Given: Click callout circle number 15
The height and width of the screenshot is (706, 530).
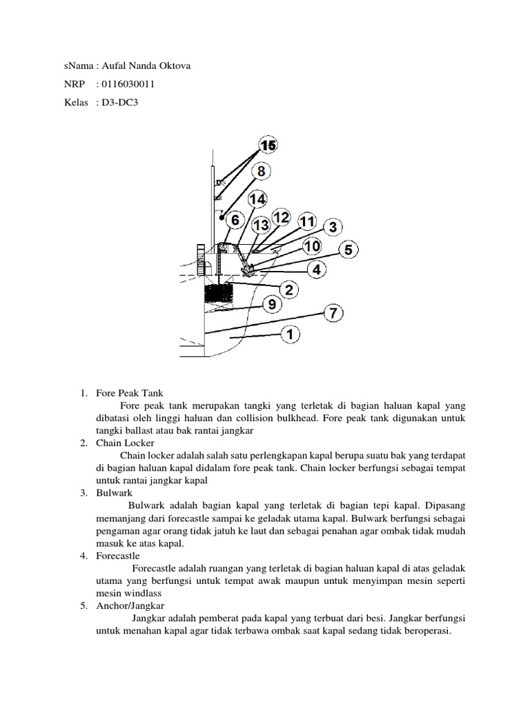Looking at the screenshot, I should (x=268, y=145).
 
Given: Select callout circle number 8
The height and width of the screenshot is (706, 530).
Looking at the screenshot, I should (x=261, y=171).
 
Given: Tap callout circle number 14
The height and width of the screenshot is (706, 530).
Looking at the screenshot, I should (x=257, y=199).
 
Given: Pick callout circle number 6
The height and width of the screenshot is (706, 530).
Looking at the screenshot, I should (x=235, y=220).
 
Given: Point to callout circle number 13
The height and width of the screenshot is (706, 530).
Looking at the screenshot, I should (x=260, y=225).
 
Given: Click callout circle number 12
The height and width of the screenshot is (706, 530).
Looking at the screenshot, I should (x=281, y=217).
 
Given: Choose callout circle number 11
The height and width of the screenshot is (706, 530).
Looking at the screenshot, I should (x=306, y=222).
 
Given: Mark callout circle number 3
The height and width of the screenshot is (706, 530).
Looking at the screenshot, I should (x=333, y=226).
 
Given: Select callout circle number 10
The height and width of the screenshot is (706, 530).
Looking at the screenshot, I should (x=312, y=246).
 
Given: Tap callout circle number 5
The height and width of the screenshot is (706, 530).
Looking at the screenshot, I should (x=349, y=250).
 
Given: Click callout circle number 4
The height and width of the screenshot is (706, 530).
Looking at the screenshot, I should (x=317, y=270).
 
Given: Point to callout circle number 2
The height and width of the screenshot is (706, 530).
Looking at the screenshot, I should (x=288, y=290).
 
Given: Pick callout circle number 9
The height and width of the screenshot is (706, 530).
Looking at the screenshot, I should (x=271, y=303).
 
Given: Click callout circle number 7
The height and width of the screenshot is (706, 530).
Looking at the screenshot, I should (x=333, y=313).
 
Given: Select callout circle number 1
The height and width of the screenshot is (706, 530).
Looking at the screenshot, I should (x=290, y=334).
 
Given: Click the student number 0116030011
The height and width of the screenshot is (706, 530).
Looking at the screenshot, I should (x=128, y=85).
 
